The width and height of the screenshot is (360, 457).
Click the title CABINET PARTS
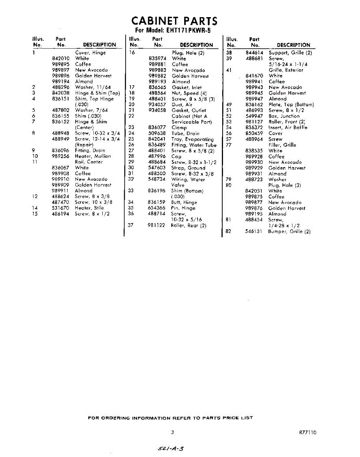click(x=174, y=21)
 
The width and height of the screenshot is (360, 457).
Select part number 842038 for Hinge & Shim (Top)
click(x=61, y=93)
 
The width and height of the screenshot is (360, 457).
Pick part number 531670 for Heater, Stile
click(x=61, y=208)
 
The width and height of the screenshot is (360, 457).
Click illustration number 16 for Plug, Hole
click(x=132, y=53)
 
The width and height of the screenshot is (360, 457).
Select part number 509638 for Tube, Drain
click(x=157, y=133)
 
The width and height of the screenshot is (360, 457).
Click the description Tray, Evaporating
click(x=192, y=139)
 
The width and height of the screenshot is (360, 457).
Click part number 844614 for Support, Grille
click(x=255, y=53)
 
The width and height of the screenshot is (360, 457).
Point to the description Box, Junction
click(x=284, y=116)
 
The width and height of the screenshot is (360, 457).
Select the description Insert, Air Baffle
click(x=288, y=128)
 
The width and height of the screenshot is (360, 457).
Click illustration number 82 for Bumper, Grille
click(x=228, y=231)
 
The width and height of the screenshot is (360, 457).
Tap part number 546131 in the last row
click(x=253, y=231)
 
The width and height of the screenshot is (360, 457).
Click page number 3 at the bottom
click(x=172, y=432)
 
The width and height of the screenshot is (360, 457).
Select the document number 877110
click(x=307, y=432)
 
